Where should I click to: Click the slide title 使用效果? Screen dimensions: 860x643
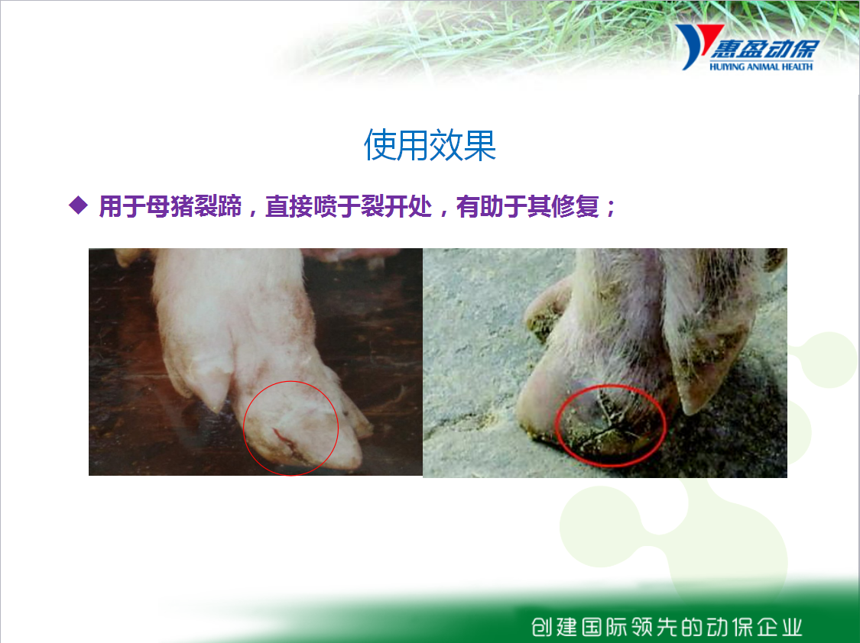coord(430,146)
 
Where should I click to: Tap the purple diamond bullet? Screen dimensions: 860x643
coord(79,205)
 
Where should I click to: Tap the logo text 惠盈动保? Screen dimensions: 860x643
coord(764,50)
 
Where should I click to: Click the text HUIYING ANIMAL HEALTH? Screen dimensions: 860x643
coord(761,66)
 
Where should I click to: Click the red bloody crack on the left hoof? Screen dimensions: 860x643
coord(285,441)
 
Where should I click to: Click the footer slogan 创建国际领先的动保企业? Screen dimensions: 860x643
coord(667,626)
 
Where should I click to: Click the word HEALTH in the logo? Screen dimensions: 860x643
coord(797,66)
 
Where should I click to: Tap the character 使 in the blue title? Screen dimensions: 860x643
coord(380,146)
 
